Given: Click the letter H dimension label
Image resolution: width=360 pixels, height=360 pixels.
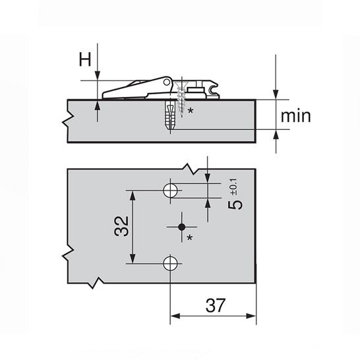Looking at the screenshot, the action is coord(85,59).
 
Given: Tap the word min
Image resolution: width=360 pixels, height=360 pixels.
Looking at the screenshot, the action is coord(295,116).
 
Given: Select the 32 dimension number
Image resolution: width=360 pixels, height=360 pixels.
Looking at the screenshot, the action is coord(121,226).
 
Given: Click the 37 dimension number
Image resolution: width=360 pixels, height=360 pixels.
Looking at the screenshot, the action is coord(216,305).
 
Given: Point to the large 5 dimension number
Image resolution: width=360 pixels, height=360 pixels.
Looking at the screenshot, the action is coord(235,205).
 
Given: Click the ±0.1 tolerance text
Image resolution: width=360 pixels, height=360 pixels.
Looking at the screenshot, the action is coord(235,187).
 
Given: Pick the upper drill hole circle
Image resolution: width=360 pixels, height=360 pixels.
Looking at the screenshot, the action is coord(170,191).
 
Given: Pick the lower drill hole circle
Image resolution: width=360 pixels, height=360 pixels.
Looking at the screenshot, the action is coord(170,264).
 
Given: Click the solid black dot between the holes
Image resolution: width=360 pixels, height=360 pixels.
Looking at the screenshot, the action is coord(182,227).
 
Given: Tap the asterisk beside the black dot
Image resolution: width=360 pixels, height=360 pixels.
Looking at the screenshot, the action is coord(190,237).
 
